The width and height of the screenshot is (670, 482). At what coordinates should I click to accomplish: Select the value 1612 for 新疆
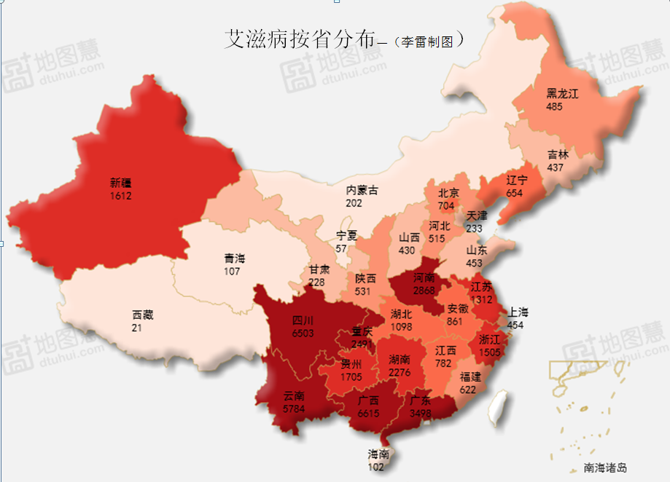click(121, 196)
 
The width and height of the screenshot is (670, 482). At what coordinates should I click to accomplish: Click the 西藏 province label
click(143, 315)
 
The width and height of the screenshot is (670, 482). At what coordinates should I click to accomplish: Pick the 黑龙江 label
click(562, 94)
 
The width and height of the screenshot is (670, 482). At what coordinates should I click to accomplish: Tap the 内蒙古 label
click(362, 191)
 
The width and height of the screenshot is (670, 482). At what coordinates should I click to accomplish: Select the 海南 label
click(378, 455)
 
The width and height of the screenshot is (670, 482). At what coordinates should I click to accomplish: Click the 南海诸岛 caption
click(604, 468)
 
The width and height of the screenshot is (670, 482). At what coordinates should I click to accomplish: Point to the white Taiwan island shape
click(497, 407)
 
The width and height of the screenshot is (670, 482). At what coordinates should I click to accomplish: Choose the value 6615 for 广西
click(368, 413)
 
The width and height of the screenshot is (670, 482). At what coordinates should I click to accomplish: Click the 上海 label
click(518, 312)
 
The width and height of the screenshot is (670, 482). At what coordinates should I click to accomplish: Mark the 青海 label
click(235, 258)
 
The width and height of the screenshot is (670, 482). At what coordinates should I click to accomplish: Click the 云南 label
click(294, 397)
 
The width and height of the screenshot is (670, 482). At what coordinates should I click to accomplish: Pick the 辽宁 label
click(517, 181)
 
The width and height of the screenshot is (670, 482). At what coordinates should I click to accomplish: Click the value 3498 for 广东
click(420, 413)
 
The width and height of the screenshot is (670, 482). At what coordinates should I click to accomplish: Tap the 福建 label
click(470, 377)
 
